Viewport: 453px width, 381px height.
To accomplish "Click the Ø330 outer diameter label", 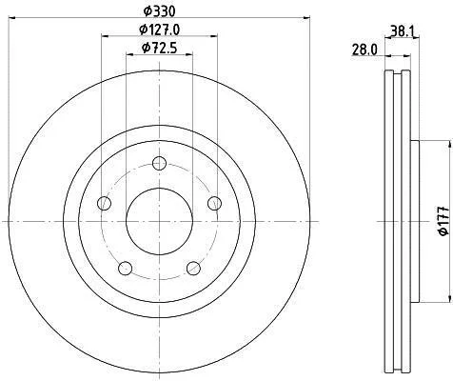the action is point(159,11).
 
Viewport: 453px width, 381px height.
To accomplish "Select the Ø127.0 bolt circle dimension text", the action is point(160,30).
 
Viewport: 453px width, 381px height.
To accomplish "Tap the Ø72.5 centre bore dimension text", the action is point(159,49).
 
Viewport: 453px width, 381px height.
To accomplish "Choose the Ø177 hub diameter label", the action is point(443,221).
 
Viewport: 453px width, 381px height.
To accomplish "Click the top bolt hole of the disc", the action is point(159,164).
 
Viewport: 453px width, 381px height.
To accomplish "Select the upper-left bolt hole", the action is point(104,203).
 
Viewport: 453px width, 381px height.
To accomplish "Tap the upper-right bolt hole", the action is point(215,203).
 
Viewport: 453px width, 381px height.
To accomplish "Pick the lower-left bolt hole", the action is point(126,268).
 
